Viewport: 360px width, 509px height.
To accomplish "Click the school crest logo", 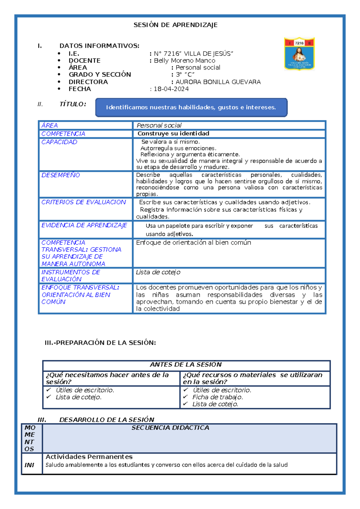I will [x=299, y=54].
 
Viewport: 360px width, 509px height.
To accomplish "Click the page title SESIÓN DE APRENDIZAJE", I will [x=175, y=25].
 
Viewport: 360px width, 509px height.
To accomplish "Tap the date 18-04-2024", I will [x=171, y=89].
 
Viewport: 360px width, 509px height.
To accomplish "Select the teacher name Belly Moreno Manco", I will [x=184, y=61].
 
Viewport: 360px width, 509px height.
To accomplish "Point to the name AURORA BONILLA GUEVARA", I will [x=218, y=82].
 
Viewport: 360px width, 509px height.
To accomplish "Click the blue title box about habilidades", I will [x=191, y=107].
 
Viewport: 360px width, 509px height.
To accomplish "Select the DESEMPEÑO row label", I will [x=61, y=175].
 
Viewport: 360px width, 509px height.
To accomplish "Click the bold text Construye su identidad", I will [x=173, y=134].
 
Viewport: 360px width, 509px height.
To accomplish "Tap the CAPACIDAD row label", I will [x=59, y=142].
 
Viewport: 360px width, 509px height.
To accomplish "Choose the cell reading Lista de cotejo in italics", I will [x=158, y=272].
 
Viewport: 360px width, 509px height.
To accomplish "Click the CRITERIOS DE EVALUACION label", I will [x=83, y=202].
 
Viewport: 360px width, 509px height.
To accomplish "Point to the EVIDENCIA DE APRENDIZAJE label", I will [x=84, y=225].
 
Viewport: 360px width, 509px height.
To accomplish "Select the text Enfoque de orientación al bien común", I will [x=193, y=242].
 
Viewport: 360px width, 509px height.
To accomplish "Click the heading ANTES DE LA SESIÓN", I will [x=186, y=365].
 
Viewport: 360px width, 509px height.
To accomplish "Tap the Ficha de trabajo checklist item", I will [x=217, y=397].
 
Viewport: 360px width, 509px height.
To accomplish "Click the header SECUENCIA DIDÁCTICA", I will [x=170, y=428].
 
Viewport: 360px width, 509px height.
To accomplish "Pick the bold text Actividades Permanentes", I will [x=89, y=457].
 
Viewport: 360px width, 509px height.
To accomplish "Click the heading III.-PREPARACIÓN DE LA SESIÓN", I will [x=100, y=343].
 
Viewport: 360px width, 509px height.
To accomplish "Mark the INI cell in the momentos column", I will [x=29, y=465].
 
